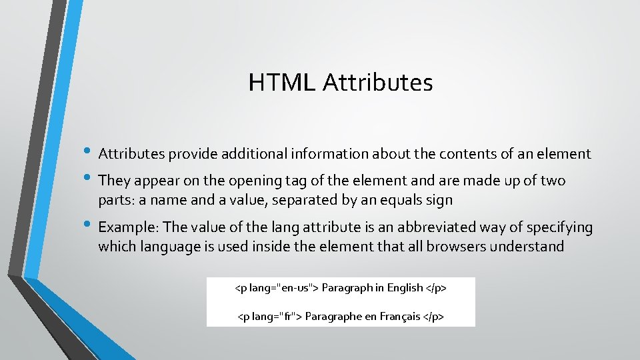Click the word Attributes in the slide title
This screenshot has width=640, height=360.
coord(378,83)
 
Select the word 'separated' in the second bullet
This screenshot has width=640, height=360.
coord(301,200)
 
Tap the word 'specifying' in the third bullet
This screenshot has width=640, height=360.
coord(559,228)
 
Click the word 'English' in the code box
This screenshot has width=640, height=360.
coord(405,288)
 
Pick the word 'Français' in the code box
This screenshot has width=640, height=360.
coord(400,316)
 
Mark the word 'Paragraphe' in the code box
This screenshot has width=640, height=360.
coord(333,316)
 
